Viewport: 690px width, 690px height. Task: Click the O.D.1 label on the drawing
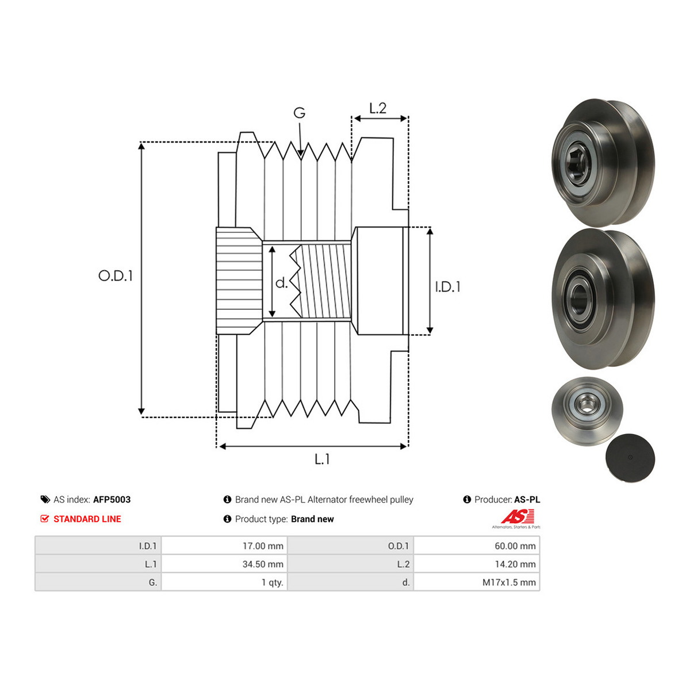116,275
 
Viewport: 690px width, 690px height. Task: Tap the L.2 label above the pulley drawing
378,108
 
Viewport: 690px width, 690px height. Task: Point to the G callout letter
299,113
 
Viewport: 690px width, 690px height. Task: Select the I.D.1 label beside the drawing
447,286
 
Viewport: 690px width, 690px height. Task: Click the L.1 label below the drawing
322,459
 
